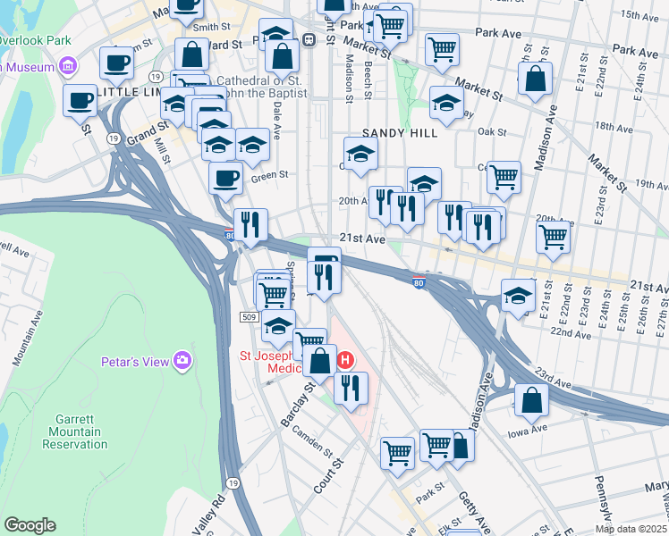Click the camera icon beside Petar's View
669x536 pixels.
click(182, 360)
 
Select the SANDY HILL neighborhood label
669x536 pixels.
click(401, 132)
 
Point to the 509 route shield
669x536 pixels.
click(250, 317)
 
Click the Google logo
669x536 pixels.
click(30, 525)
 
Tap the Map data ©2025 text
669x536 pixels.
click(631, 529)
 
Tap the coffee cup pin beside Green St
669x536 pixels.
click(225, 176)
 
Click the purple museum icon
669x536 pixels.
click(67, 65)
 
